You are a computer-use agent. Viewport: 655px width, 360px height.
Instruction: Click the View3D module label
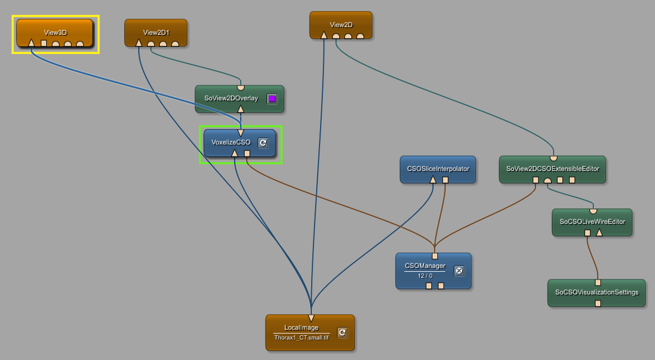55,33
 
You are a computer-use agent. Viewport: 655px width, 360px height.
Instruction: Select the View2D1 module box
156,33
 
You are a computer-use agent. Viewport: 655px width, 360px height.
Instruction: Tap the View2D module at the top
341,25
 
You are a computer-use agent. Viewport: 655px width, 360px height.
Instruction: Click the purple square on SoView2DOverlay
272,99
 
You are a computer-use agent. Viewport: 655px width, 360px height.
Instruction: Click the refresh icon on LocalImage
342,332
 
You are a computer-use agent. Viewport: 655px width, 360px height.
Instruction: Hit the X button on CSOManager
459,270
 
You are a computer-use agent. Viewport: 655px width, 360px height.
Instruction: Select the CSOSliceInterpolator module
437,169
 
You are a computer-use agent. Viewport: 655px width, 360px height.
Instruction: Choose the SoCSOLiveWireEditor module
592,222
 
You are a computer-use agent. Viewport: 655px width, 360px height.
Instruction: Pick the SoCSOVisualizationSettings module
596,292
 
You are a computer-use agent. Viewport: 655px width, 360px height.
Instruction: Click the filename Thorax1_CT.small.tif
301,337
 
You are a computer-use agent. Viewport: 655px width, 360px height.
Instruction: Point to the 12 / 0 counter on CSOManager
425,276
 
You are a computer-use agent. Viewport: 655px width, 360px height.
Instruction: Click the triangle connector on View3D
31,43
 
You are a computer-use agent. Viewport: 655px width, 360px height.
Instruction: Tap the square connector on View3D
44,43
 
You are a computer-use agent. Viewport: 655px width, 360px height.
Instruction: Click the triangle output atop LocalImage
311,318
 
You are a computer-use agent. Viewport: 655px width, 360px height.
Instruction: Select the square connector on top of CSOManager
435,256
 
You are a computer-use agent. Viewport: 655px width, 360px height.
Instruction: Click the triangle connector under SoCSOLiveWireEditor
599,233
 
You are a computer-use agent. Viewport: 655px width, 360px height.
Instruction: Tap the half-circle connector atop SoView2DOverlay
240,87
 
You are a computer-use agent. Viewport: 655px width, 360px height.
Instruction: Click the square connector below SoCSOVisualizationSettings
598,303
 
